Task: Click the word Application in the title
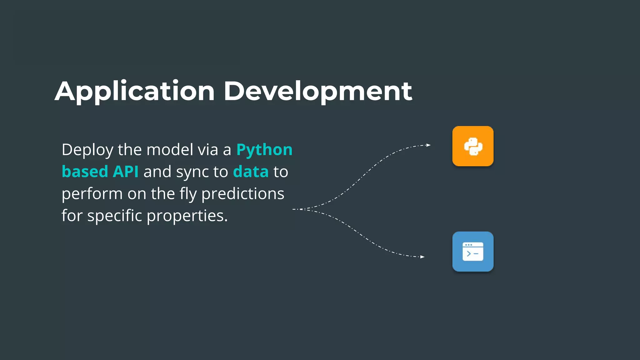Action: (x=135, y=91)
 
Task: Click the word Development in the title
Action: (x=318, y=91)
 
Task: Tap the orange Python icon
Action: (x=473, y=146)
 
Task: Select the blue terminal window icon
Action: (x=473, y=252)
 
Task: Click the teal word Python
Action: (x=264, y=150)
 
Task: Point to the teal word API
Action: (x=126, y=172)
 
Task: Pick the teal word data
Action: (x=251, y=172)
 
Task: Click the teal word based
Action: (x=85, y=172)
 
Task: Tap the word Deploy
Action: (x=87, y=150)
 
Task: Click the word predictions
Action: (x=243, y=194)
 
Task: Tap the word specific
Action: (x=114, y=216)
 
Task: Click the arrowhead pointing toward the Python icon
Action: (x=428, y=145)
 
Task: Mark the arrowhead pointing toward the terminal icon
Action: (x=422, y=257)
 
